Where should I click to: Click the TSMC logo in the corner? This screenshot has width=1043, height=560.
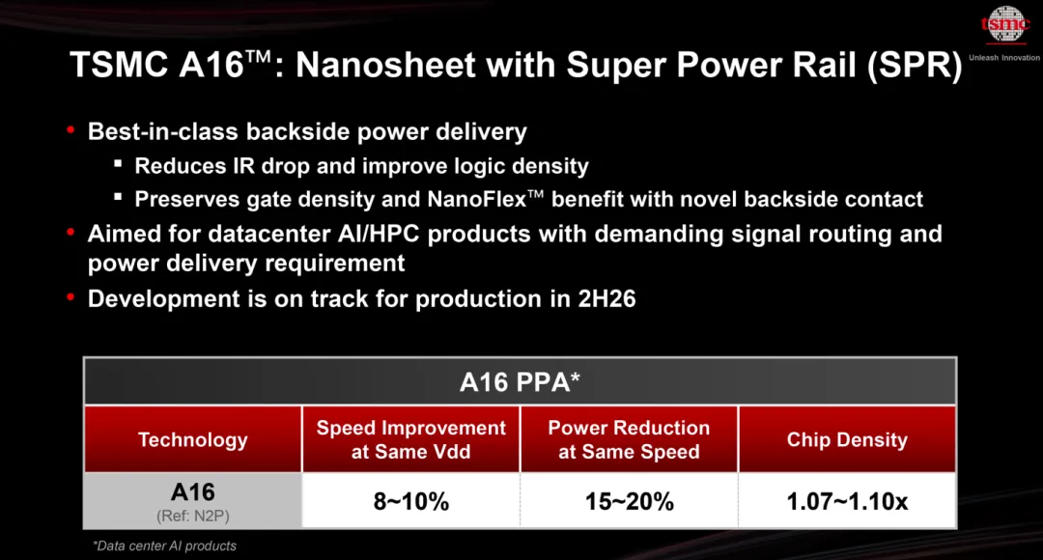click(1005, 26)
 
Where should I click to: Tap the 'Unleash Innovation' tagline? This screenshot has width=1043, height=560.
click(1004, 58)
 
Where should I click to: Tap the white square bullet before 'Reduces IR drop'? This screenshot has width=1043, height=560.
click(117, 165)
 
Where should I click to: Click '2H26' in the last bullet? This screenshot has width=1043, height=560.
click(606, 298)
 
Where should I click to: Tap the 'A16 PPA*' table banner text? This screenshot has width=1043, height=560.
click(520, 381)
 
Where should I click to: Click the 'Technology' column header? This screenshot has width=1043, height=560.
click(193, 439)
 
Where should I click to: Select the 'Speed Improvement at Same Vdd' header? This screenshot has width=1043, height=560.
click(411, 439)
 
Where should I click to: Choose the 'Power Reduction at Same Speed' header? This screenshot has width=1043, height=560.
click(629, 439)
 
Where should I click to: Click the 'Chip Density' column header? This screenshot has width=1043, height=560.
click(847, 439)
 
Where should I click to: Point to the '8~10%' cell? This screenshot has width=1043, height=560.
click(411, 501)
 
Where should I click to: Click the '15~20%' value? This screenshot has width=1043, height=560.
click(629, 501)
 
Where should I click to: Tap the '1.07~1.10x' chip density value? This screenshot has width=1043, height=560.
click(847, 501)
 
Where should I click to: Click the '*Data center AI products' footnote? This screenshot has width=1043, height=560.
click(164, 546)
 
